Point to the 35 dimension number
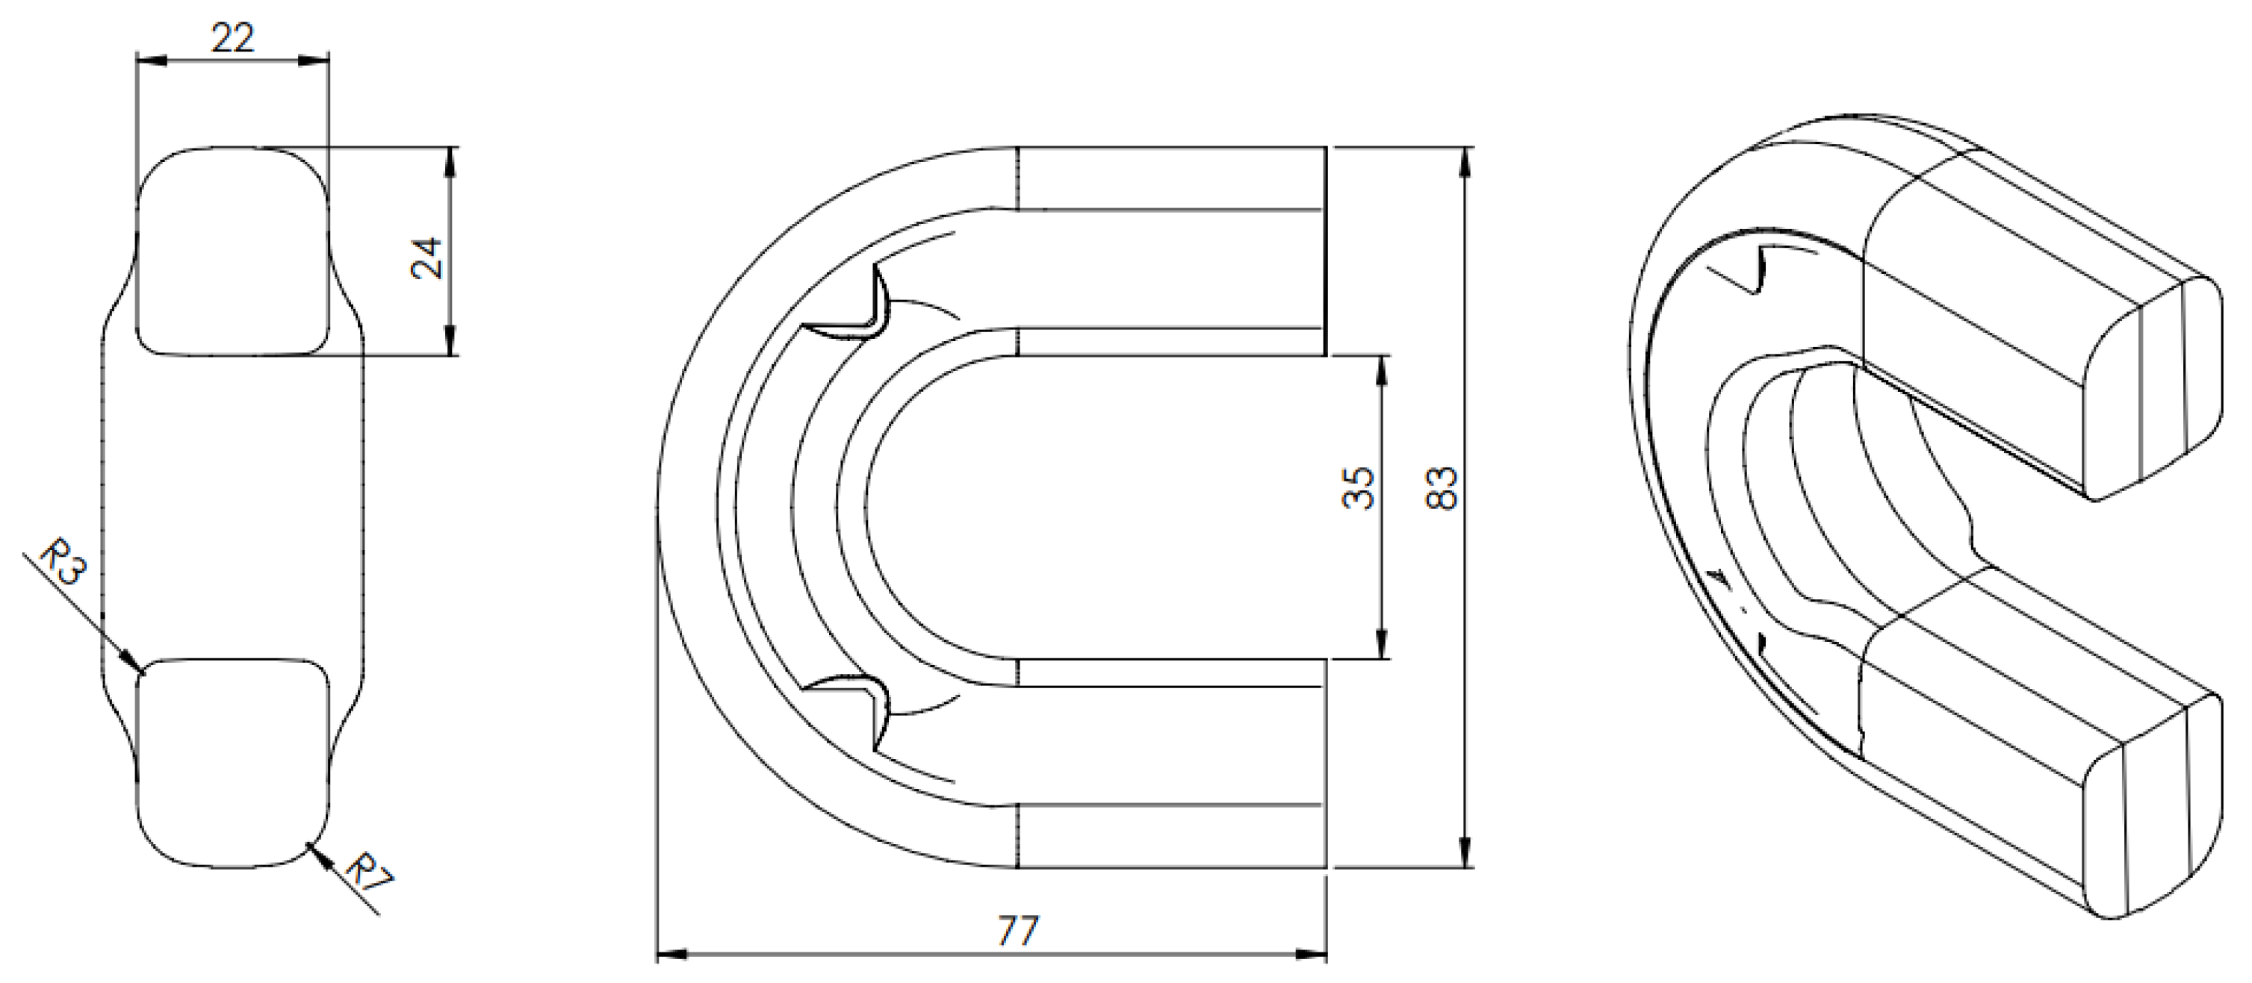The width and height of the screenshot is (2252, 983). (x=1359, y=487)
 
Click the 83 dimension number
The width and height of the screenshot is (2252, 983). (x=1442, y=488)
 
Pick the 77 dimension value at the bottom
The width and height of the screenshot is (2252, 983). (x=1017, y=931)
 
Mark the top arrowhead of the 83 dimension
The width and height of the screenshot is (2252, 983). (x=1466, y=154)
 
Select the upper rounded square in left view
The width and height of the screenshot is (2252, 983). (x=234, y=252)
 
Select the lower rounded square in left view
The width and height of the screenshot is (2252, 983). (x=234, y=762)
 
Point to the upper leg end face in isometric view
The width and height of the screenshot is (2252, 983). (x=2150, y=384)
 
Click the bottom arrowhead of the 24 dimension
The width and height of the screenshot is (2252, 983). (x=450, y=349)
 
